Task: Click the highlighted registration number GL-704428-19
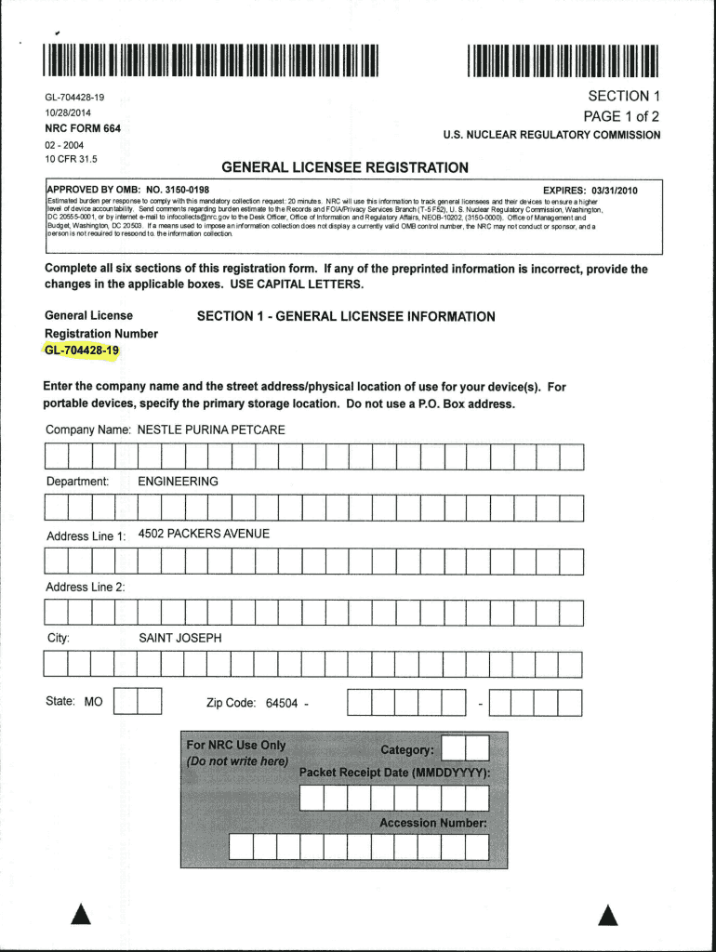point(82,350)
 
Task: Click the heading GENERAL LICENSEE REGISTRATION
point(345,167)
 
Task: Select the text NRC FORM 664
point(83,127)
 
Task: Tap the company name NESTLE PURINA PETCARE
point(211,430)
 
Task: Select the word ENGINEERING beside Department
point(178,482)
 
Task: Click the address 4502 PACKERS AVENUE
point(204,534)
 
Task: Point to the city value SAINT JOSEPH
point(180,639)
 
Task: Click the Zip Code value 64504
point(281,703)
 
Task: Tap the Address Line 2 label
point(86,587)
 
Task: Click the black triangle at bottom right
point(608,916)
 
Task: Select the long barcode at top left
point(213,59)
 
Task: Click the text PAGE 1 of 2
point(621,116)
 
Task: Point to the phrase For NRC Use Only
point(236,746)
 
